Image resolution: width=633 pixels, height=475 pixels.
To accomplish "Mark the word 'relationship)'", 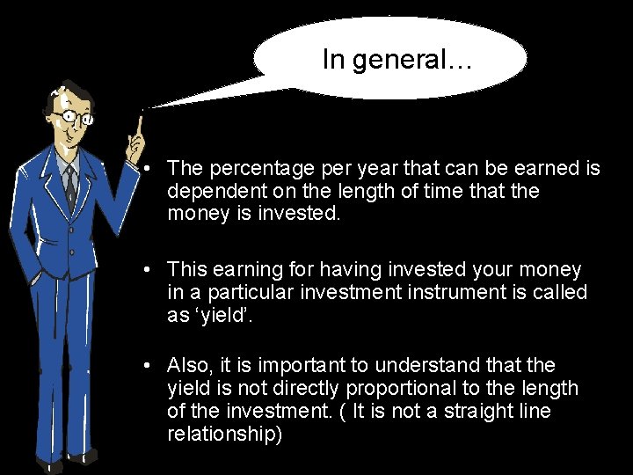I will point(225,434).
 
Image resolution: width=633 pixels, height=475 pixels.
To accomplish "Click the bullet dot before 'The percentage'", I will point(151,168).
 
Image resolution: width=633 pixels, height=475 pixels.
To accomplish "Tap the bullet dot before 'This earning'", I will point(151,269).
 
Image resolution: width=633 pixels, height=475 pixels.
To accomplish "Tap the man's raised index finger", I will point(139,123).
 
